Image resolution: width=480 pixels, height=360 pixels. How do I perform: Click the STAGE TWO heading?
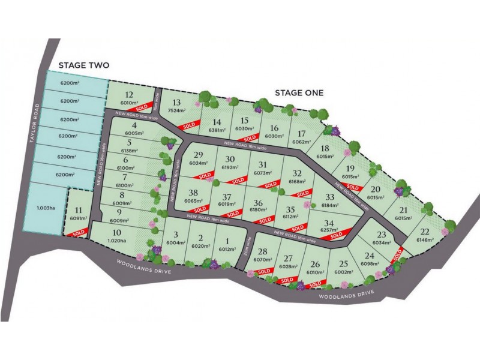pos(84,66)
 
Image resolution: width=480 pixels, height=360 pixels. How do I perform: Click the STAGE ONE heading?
pos(299,92)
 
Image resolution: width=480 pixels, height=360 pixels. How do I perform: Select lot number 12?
pos(129,94)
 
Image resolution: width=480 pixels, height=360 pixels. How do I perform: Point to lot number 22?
pos(425,232)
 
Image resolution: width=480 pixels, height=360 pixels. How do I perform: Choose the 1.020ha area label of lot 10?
pos(117,241)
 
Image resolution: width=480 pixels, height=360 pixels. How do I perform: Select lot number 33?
pos(329,197)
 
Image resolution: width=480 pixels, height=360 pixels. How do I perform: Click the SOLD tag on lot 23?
pos(398,254)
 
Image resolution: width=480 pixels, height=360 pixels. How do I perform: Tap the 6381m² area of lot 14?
pos(217,130)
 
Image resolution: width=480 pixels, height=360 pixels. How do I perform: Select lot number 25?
pos(343,264)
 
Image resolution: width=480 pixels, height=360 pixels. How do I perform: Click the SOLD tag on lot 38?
pos(200,209)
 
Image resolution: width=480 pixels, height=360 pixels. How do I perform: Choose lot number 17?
pos(302,133)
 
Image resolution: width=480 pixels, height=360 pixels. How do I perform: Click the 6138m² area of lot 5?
pos(129,151)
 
